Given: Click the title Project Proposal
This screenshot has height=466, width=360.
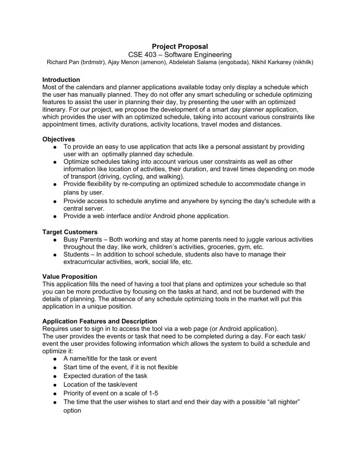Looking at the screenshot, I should tap(180, 46).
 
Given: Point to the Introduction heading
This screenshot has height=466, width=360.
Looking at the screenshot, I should tap(61, 80).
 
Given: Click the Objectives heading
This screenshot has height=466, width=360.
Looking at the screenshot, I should tap(58, 139).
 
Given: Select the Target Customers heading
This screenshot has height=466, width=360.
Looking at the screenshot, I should tap(70, 232).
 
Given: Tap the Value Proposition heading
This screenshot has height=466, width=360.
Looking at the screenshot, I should tap(69, 276).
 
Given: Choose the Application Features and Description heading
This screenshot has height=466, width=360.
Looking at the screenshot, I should tap(99, 321).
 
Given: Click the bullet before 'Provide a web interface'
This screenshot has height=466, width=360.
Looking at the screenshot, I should tap(54, 217).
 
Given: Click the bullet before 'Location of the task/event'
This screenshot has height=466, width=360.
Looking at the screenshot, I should tap(54, 385).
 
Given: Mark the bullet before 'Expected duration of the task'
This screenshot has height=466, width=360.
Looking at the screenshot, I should tap(54, 376).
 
